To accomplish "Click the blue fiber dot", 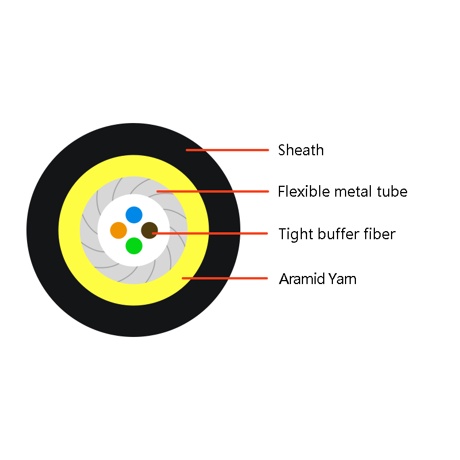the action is tap(134, 214).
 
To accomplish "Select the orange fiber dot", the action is tap(118, 231).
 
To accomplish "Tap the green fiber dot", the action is tap(134, 246).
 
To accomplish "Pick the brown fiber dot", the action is tap(149, 231).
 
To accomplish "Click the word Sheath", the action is tap(301, 150).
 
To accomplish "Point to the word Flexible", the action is tap(304, 191).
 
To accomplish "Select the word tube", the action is tap(392, 191).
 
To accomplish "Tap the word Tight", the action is tap(296, 235).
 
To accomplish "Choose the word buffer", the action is tap(338, 234).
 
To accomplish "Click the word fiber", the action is tap(379, 234).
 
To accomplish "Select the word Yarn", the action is tap(343, 279).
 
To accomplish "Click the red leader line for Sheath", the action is tap(227, 150).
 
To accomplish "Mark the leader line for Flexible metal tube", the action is tap(213, 191).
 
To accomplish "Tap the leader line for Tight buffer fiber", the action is tap(210, 233).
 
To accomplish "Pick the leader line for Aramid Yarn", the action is tap(225, 278).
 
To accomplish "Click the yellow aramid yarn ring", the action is tap(69, 231).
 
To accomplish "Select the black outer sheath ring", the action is tap(43, 231).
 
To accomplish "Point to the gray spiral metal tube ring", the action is tap(89, 231).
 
